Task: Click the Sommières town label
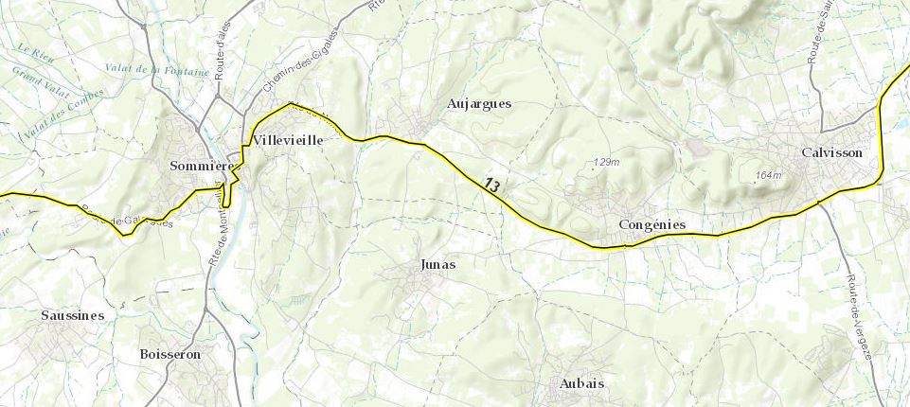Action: [201, 166]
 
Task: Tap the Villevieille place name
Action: [288, 140]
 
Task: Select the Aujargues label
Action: [479, 103]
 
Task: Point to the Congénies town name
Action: [651, 224]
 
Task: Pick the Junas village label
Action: [437, 264]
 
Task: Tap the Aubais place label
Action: [581, 383]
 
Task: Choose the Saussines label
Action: [72, 314]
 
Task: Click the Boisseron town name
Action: [171, 354]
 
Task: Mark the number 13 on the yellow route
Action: [491, 185]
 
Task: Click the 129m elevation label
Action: [606, 162]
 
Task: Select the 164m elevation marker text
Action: [769, 175]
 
